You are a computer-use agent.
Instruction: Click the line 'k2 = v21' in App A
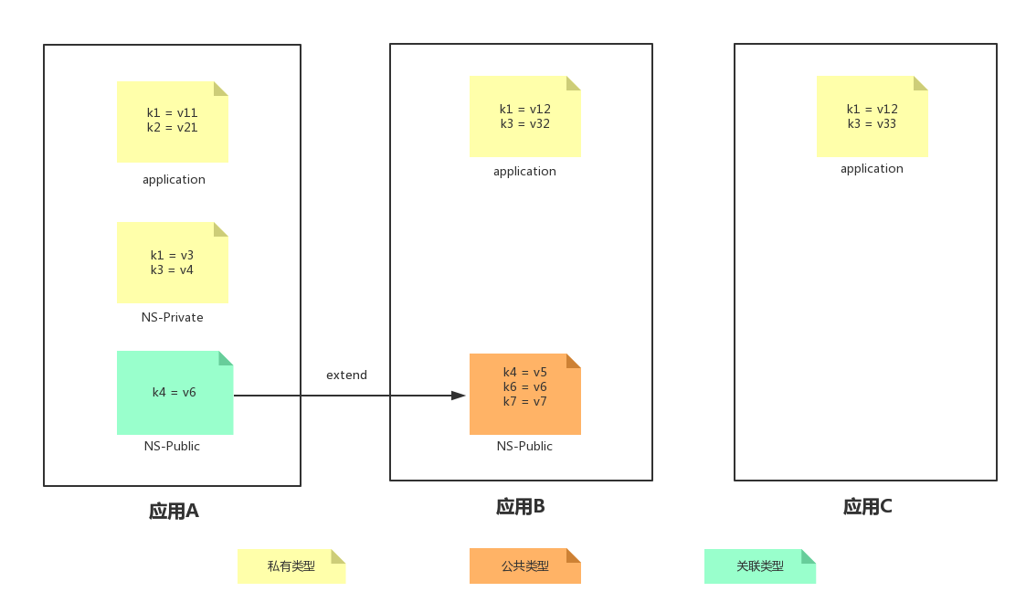point(172,128)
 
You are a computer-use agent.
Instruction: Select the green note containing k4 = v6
point(175,393)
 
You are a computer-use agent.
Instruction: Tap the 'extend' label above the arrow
point(346,375)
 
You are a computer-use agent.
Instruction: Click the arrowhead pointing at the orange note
point(459,396)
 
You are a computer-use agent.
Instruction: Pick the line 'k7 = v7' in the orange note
point(524,402)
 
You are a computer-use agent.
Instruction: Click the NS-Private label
point(172,318)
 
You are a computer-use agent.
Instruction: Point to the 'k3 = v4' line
point(172,270)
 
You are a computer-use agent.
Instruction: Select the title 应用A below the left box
point(174,512)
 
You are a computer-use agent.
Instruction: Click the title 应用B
point(520,507)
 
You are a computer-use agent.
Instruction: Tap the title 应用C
point(867,507)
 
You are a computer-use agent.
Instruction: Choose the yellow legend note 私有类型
point(291,566)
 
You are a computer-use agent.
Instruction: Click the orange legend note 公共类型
point(524,566)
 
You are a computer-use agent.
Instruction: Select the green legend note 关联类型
point(760,566)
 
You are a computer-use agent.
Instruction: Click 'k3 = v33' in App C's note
point(872,124)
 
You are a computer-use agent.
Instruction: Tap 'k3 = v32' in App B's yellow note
point(524,124)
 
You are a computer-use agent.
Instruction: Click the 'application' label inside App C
point(872,169)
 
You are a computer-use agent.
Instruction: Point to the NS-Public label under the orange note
point(524,447)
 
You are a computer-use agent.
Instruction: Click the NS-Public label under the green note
point(172,447)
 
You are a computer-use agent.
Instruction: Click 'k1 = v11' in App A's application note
point(172,113)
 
